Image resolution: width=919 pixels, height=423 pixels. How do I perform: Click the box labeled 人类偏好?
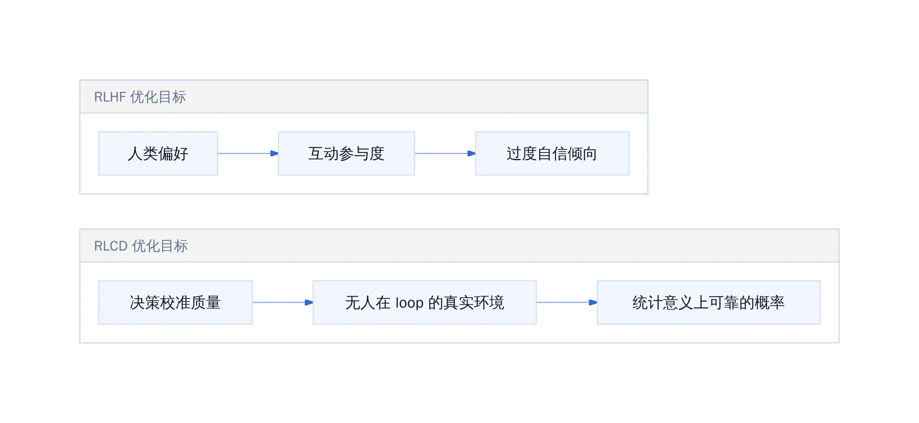tap(158, 153)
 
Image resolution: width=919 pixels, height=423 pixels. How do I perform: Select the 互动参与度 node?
tap(346, 153)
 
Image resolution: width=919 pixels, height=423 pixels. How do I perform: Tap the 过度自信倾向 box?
tap(552, 153)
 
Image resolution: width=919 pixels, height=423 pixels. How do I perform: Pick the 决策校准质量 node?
tap(175, 302)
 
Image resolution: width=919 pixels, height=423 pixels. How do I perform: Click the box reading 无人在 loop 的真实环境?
tap(424, 302)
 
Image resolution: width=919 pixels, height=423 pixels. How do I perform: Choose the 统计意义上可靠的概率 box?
tap(708, 302)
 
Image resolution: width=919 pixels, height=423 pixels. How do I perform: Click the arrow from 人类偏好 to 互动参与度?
tap(248, 153)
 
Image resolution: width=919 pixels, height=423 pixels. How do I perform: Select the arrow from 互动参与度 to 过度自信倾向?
tap(445, 153)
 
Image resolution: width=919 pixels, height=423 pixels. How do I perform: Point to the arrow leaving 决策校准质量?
tap(283, 302)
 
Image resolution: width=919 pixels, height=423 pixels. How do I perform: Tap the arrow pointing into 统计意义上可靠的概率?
tap(567, 302)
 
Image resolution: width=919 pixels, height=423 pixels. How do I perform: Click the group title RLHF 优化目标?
tap(140, 97)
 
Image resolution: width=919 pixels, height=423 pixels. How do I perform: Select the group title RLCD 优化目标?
tap(141, 246)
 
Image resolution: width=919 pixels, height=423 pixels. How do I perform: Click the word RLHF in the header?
tap(110, 97)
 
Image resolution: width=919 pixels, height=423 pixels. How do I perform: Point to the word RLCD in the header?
tap(111, 246)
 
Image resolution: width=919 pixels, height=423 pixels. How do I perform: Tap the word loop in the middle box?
tap(409, 303)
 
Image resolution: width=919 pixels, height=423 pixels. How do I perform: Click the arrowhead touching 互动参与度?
tap(274, 153)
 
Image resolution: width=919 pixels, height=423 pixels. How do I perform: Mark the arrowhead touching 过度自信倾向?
tap(471, 153)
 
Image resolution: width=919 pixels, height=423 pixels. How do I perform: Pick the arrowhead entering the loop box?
tap(309, 302)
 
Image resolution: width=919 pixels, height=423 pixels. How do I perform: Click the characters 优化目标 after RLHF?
tap(158, 97)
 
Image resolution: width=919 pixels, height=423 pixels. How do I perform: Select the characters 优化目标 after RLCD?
tap(160, 246)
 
